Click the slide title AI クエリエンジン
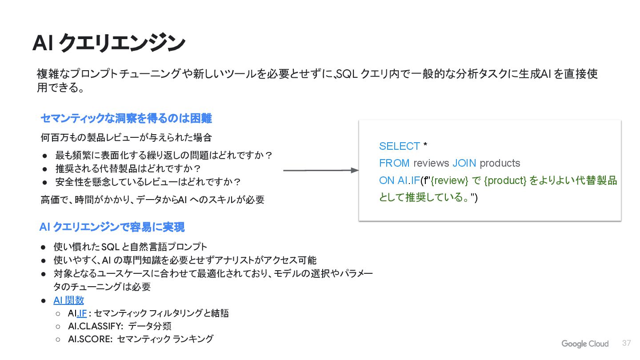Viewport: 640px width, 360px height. [x=109, y=43]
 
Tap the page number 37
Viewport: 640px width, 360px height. [x=627, y=343]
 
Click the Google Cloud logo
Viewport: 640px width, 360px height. [x=585, y=344]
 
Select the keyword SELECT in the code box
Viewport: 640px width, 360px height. [x=399, y=146]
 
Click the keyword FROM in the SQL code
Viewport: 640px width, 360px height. [x=394, y=163]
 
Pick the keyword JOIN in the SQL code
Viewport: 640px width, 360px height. [x=464, y=163]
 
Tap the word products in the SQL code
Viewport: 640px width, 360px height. [x=500, y=163]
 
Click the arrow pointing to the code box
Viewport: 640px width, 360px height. [x=320, y=170]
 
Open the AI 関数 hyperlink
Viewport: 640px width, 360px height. [x=68, y=300]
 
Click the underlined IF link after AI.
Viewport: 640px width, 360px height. [x=82, y=313]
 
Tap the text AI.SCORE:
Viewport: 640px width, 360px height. [x=90, y=339]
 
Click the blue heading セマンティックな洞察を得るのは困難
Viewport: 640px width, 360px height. [x=126, y=118]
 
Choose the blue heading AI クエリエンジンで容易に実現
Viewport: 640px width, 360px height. [x=112, y=227]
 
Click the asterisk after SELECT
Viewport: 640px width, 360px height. [x=425, y=145]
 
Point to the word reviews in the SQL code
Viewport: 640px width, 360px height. [x=431, y=163]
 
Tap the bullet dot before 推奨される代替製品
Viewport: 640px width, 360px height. [x=45, y=169]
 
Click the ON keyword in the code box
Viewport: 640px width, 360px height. [x=387, y=180]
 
